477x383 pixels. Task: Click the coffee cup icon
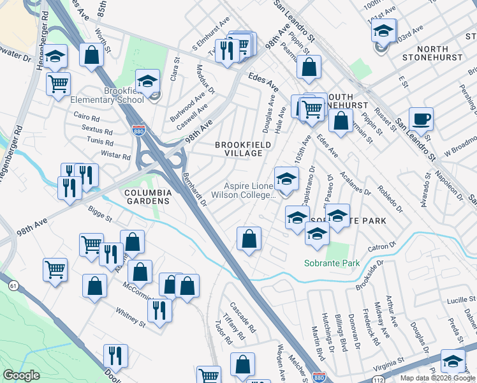point(420,119)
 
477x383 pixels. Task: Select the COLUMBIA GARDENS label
point(148,196)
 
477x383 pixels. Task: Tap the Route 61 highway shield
point(13,286)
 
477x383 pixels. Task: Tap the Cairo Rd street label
point(87,118)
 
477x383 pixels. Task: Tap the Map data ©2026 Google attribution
point(437,378)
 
